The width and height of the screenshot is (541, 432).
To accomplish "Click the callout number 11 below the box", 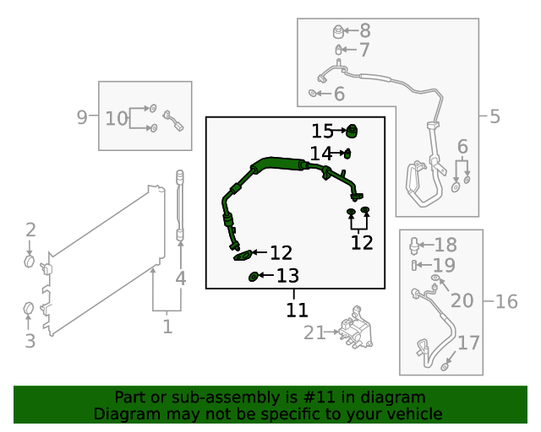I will point(297,310).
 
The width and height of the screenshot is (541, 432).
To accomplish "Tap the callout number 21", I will point(314,333).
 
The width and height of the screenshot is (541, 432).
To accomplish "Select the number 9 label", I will point(82,117).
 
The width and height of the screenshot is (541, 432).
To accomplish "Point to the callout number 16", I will point(505,301).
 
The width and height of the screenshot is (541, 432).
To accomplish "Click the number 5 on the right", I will point(495,116).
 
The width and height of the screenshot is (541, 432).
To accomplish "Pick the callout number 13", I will point(287,275).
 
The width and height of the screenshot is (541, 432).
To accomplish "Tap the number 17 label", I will point(468,343).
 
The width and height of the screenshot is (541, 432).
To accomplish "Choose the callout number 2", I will point(30,229).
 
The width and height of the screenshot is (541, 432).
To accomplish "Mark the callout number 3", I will point(30,341).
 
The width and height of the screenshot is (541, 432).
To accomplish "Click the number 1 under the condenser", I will point(167,326).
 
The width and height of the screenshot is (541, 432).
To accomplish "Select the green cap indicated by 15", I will point(353,130).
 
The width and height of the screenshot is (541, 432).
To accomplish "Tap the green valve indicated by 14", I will point(347,153).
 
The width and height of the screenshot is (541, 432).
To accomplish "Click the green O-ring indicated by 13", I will point(253,276).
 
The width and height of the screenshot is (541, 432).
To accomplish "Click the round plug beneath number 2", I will point(30,262).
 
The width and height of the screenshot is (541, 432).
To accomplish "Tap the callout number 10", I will point(117,118).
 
